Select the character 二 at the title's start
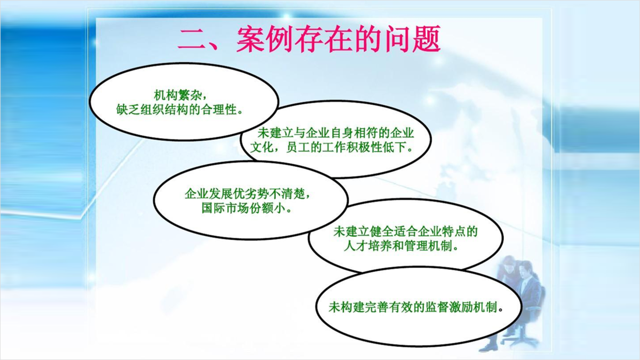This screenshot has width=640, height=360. tap(191, 40)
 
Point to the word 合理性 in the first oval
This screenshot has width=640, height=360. tap(219, 109)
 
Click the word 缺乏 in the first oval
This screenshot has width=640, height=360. tap(128, 109)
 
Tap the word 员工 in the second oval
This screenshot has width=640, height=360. tap(298, 148)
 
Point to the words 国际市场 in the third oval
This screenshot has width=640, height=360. tap(225, 208)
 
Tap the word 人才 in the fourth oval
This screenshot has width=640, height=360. tap(356, 246)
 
